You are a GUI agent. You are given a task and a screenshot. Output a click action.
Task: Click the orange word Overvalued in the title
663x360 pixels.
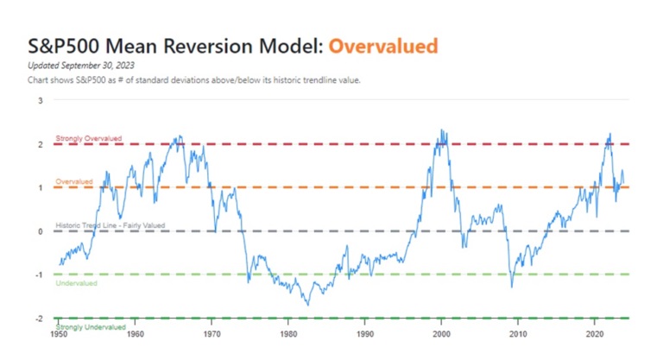click(x=383, y=46)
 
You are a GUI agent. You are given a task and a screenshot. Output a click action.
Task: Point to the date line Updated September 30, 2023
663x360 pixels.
click(x=81, y=66)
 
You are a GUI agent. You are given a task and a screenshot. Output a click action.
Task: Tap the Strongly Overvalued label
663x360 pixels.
click(x=89, y=138)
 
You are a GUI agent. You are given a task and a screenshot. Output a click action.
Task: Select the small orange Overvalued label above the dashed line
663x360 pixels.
click(x=74, y=181)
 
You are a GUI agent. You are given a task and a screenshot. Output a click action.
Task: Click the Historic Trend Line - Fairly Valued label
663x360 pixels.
click(x=110, y=225)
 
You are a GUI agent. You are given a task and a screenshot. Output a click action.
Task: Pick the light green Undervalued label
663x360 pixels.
click(x=76, y=283)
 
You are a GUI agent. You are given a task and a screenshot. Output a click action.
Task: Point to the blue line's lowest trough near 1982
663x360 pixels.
click(x=308, y=305)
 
